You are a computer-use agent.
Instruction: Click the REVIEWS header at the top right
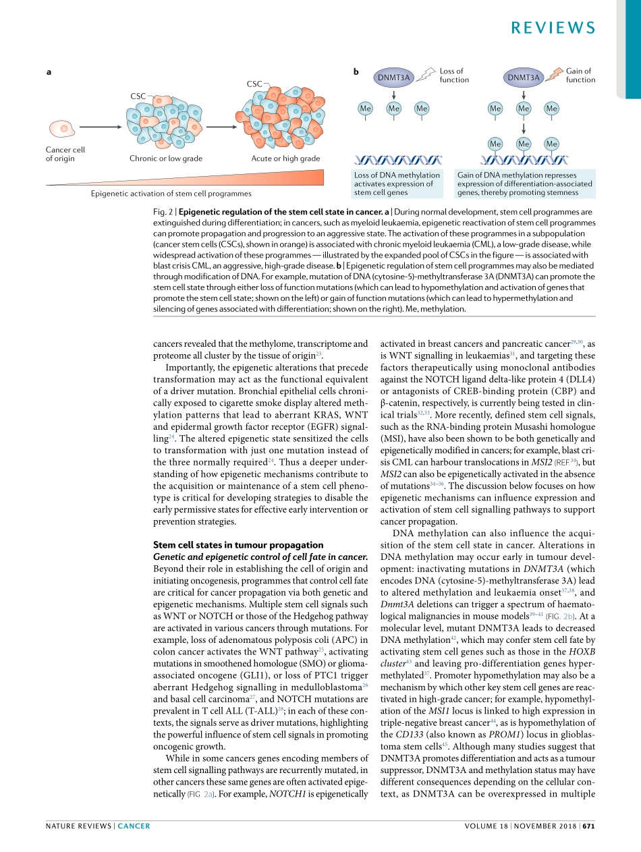552,28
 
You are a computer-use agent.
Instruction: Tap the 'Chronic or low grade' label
166,159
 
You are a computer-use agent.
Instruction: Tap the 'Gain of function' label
580,76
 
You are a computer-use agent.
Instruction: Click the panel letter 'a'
48,72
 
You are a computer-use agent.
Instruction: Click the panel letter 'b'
356,72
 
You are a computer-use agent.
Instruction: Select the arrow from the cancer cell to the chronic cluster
99,127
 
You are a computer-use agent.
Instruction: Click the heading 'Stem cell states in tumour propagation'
238,544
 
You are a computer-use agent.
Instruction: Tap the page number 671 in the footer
588,826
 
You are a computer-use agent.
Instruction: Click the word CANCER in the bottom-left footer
134,826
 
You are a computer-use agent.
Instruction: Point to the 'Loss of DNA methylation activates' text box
397,183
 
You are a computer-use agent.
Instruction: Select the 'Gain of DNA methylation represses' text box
525,183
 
